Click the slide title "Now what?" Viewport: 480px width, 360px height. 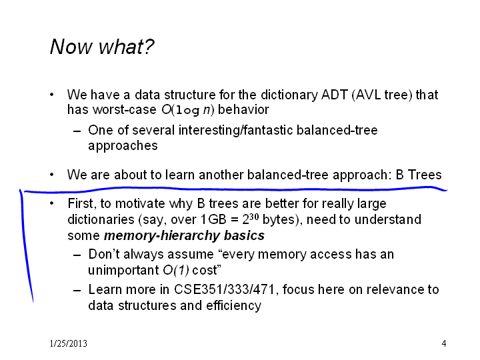tap(102, 47)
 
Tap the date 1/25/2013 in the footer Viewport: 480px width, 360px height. tap(68, 343)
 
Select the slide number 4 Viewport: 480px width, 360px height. tap(444, 343)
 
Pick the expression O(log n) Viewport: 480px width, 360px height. tap(188, 109)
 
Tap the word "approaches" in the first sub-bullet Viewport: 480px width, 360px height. tap(123, 146)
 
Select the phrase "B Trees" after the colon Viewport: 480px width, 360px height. tap(419, 175)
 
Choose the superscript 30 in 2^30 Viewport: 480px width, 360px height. tap(254, 217)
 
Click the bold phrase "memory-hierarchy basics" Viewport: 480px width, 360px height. tap(184, 236)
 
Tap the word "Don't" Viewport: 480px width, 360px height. tap(104, 255)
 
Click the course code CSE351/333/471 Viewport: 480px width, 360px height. tap(225, 289)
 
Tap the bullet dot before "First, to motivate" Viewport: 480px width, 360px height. tap(52, 203)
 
